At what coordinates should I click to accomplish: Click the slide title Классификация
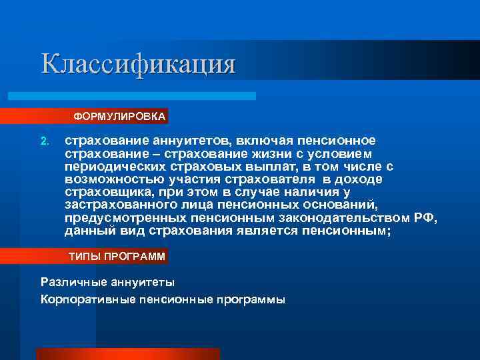[138, 64]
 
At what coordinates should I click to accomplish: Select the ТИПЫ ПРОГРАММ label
[117, 257]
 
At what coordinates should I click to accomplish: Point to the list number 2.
[45, 141]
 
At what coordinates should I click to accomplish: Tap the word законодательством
[346, 218]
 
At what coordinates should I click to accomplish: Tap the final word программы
[250, 299]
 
